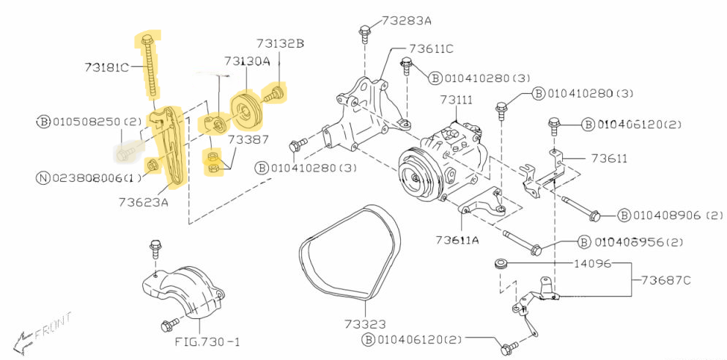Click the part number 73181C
pos(106,67)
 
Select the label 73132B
pos(281,43)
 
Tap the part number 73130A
pos(247,61)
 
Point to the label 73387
pos(248,139)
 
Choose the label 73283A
pos(407,21)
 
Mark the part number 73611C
pos(431,48)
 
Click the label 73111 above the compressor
pos(456,99)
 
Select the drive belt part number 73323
pos(365,323)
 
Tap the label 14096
pos(593,264)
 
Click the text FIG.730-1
pos(207,342)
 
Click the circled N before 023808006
pos(43,177)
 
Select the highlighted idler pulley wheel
pos(247,111)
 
